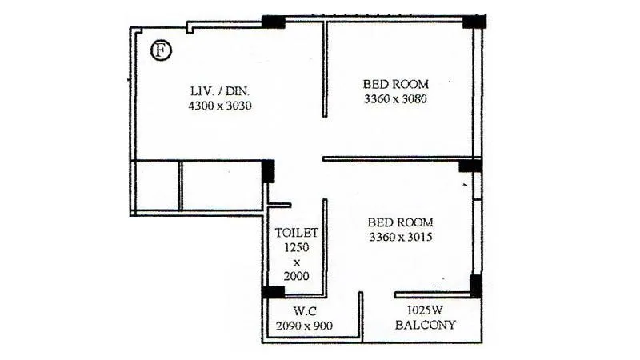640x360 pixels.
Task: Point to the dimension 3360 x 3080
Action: point(396,99)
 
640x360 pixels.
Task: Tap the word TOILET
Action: point(297,233)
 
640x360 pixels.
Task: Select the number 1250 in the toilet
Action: point(297,247)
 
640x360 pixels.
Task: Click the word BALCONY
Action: point(426,325)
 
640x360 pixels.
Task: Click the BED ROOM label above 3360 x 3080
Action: point(396,84)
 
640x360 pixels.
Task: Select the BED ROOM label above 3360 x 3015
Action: point(400,222)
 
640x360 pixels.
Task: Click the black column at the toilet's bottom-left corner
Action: point(273,291)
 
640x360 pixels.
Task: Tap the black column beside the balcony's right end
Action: point(475,286)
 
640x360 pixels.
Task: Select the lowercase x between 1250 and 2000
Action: point(297,262)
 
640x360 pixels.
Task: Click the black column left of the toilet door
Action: point(268,171)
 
